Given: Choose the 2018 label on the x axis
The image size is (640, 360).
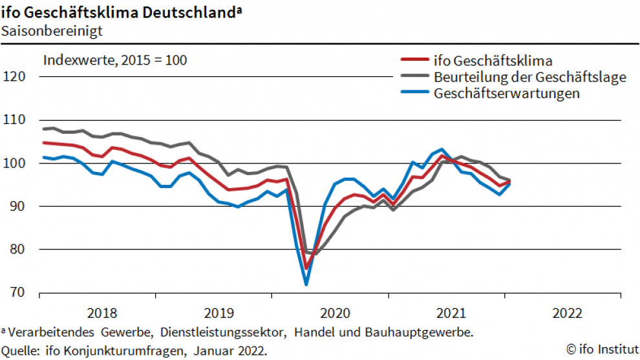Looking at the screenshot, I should [x=101, y=313].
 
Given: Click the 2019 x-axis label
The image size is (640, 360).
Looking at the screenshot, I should [x=219, y=313].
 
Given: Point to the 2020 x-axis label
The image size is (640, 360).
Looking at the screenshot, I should [x=335, y=313].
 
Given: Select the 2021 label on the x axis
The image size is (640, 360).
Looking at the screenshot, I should [x=451, y=313].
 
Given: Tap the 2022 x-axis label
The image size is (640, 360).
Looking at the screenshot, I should [x=568, y=313].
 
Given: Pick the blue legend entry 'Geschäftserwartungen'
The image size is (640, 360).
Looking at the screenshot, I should [x=507, y=93].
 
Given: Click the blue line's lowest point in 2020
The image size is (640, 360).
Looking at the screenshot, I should [x=306, y=284].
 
